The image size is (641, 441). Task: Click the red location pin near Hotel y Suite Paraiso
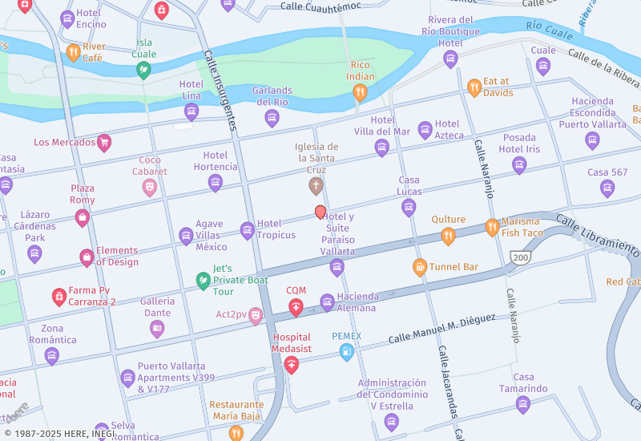coord(320,212)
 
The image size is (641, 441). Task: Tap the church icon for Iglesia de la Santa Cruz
coord(316,186)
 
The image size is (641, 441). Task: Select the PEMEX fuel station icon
coord(346,351)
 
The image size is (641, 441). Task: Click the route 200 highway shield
coord(520,257)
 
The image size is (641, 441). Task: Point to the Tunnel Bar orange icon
coord(419,266)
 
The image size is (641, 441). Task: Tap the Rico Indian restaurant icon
coord(361,92)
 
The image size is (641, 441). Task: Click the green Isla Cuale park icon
coord(143,71)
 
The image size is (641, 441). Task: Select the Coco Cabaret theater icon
coord(150,188)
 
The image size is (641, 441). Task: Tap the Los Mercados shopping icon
coord(104,144)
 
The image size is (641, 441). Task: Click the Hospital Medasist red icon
coord(292,365)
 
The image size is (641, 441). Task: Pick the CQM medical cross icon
coord(296,307)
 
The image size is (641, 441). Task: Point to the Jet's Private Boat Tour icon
coord(204,281)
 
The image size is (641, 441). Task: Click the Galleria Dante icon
coord(157,329)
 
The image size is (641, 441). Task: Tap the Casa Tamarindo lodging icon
coord(523,404)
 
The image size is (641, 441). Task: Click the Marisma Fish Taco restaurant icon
coord(492,228)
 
